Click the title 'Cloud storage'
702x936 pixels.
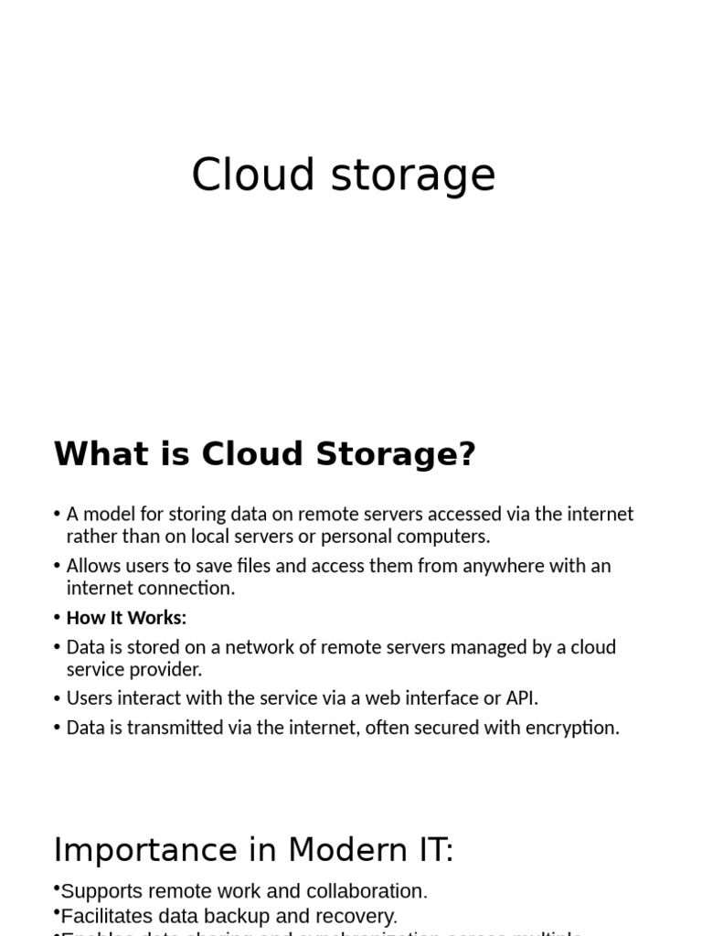click(x=343, y=175)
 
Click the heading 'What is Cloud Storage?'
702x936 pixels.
click(x=265, y=454)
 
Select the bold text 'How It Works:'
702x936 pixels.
click(x=126, y=618)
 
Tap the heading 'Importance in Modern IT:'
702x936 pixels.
click(x=253, y=850)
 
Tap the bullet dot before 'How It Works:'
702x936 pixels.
click(x=58, y=618)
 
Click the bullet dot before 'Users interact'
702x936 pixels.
click(x=58, y=698)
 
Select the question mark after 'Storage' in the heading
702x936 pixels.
click(x=466, y=454)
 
